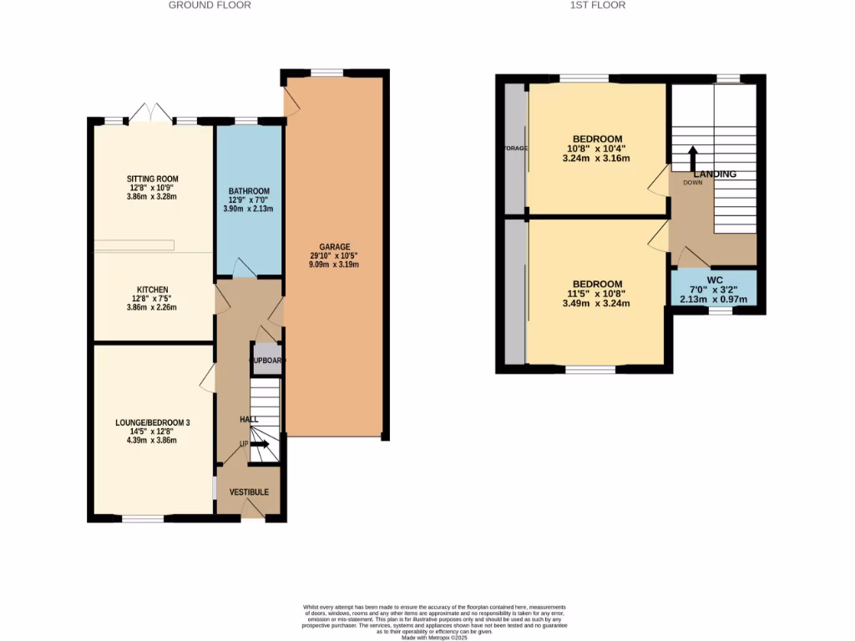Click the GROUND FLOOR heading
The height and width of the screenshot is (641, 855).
[x=210, y=5]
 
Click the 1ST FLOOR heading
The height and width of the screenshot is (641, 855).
[x=597, y=5]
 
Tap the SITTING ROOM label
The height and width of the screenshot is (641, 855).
[x=152, y=179]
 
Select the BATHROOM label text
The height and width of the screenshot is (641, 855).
[x=249, y=191]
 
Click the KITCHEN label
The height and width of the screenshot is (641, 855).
[x=152, y=290]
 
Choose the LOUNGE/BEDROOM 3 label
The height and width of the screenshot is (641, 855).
[x=152, y=423]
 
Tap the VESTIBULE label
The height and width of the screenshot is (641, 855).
[x=249, y=492]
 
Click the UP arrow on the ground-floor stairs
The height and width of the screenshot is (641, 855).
[x=260, y=444]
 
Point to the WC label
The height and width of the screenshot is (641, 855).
[x=714, y=280]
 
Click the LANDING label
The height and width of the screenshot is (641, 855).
[x=715, y=174]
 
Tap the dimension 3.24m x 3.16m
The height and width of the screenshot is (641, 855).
[x=597, y=158]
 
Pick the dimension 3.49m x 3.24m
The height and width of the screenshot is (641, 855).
[x=597, y=303]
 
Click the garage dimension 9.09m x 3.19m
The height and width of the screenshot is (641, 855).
[x=333, y=265]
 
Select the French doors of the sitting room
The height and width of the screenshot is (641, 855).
[x=151, y=113]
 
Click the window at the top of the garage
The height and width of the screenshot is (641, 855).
[x=326, y=73]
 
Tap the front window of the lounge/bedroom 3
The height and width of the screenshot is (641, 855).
[x=143, y=518]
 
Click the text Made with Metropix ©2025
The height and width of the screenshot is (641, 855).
[x=433, y=638]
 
